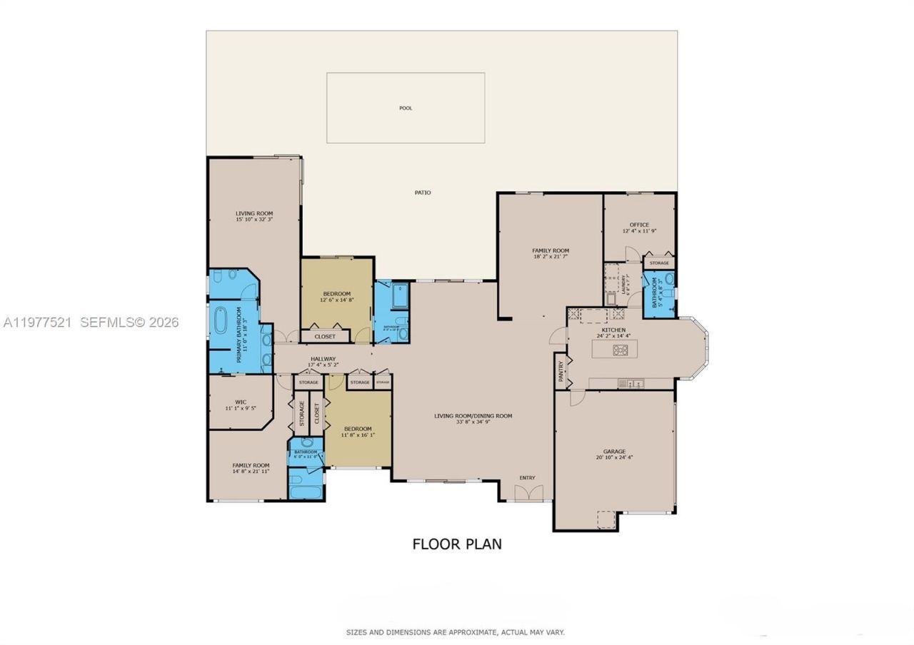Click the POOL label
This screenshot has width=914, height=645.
coord(406,108)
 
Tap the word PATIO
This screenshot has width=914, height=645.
coord(423,193)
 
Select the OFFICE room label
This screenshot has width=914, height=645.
coord(639,225)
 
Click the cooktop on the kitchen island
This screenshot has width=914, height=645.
coord(621,350)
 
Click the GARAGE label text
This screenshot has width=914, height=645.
coord(614,452)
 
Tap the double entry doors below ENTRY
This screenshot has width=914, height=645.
coord(528,492)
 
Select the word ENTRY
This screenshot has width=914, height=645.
coord(527,478)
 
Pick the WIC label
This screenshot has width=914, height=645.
coord(240,402)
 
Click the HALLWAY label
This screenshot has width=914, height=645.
coord(323,359)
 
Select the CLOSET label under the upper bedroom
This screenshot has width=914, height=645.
coord(325,335)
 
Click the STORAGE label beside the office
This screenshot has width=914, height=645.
coord(659,263)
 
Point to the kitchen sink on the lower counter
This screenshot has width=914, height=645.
coord(631,383)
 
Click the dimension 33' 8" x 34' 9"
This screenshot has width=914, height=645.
coord(473,422)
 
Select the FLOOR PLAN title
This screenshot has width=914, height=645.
coord(457,544)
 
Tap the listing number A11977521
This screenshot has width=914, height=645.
coord(37,322)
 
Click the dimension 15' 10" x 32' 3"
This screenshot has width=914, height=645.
coord(254,220)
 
